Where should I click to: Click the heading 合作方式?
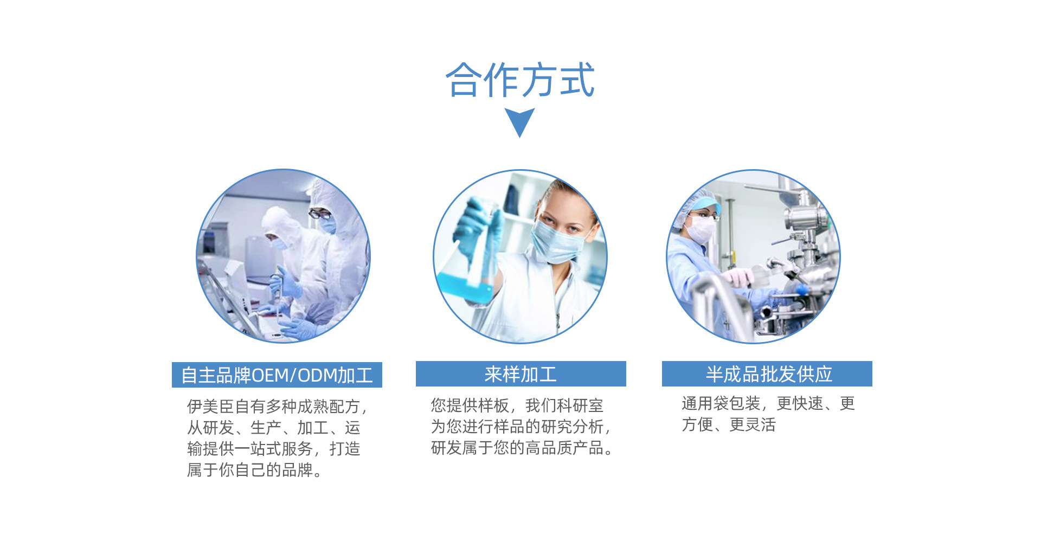520,80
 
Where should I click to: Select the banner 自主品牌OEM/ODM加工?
277,375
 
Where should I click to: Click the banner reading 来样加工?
521,373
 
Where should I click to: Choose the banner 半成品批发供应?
767,373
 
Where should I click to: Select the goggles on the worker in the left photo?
319,214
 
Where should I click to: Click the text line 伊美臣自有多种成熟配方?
277,407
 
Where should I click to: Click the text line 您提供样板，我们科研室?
517,405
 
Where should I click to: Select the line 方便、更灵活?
729,424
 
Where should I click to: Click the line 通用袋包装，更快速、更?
768,403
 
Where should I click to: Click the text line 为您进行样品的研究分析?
520,427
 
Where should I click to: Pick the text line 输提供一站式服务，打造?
274,449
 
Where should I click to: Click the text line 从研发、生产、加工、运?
274,428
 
